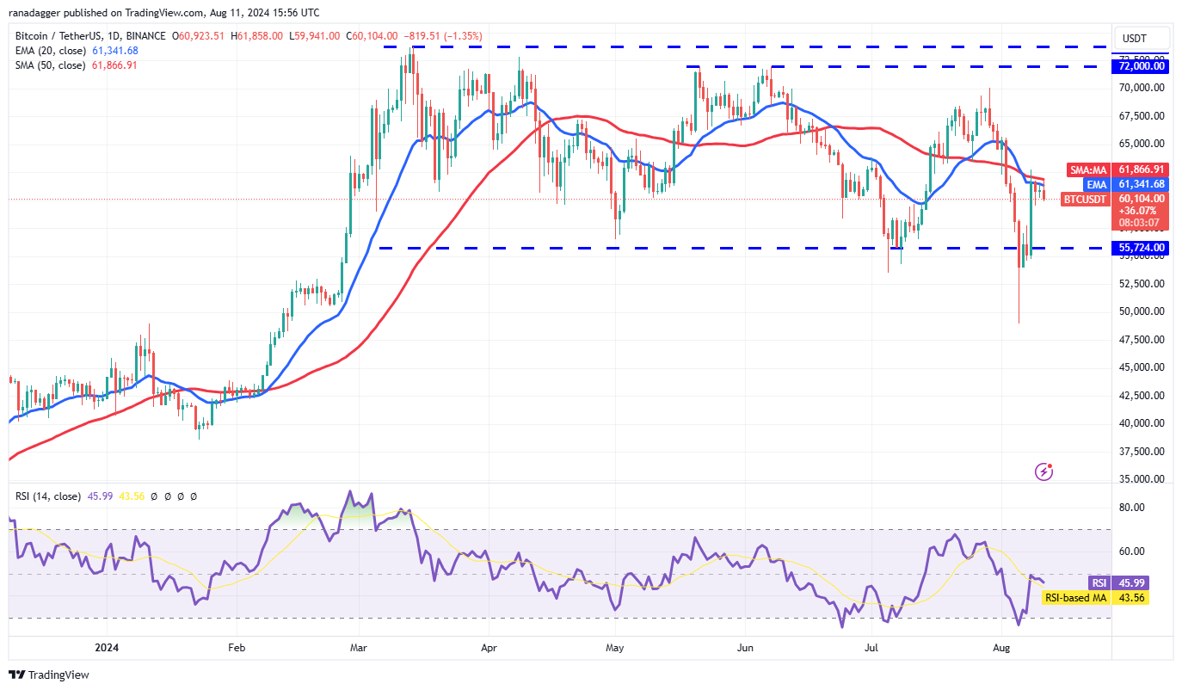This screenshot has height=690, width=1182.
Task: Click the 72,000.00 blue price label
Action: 1142,66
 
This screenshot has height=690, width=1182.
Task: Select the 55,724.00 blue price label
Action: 1142,248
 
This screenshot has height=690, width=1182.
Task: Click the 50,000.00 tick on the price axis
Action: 1142,311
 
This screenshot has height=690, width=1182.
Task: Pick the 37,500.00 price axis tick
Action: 1142,452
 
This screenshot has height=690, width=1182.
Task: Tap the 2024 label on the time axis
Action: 107,646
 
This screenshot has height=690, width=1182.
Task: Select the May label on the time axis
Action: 614,646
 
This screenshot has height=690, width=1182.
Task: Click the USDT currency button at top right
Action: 1142,38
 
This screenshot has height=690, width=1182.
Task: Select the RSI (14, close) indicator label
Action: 48,496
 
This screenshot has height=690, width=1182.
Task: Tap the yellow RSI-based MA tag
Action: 1075,598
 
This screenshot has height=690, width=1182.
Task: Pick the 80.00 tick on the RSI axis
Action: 1132,508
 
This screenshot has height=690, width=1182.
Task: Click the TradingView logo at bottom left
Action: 50,675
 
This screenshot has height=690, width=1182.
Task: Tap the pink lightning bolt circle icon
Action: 1043,471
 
